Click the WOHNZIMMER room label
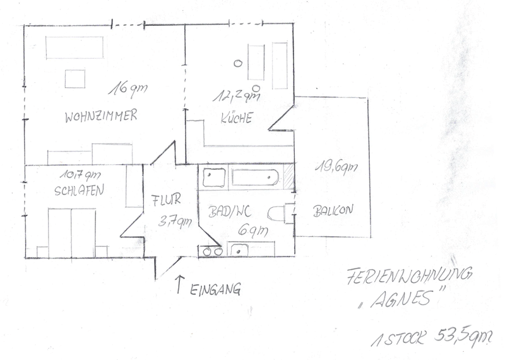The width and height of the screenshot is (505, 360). pyautogui.click(x=101, y=116)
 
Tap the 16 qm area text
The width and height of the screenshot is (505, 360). pyautogui.click(x=128, y=89)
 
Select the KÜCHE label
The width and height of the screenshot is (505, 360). pyautogui.click(x=236, y=118)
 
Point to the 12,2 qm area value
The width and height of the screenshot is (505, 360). pyautogui.click(x=235, y=96)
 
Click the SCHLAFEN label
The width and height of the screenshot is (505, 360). pyautogui.click(x=80, y=190)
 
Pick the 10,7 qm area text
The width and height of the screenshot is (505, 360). pyautogui.click(x=80, y=176)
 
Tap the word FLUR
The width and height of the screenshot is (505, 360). pyautogui.click(x=166, y=200)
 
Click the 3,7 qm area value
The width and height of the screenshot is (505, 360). pyautogui.click(x=175, y=222)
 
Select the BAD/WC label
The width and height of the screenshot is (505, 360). pyautogui.click(x=230, y=212)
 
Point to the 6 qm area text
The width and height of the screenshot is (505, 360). pyautogui.click(x=253, y=231)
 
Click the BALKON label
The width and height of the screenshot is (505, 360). pyautogui.click(x=333, y=210)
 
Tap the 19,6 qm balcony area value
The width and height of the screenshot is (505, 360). pyautogui.click(x=336, y=167)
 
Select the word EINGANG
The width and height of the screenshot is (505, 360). pyautogui.click(x=215, y=289)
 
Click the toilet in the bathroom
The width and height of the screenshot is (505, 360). pyautogui.click(x=281, y=213)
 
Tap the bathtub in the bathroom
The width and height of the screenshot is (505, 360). pyautogui.click(x=255, y=177)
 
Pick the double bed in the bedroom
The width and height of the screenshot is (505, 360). pyautogui.click(x=72, y=233)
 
